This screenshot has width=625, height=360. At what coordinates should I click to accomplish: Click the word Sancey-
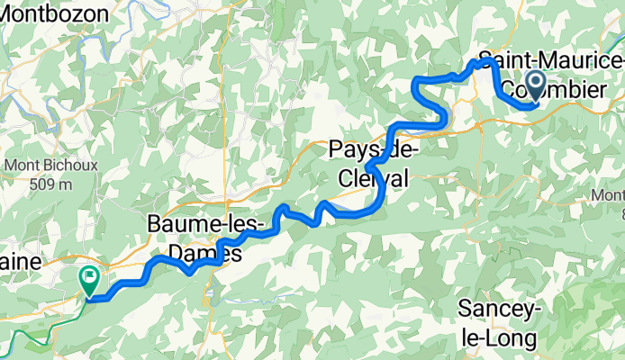point(499,309)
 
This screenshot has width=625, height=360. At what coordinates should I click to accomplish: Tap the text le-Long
point(499,337)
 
